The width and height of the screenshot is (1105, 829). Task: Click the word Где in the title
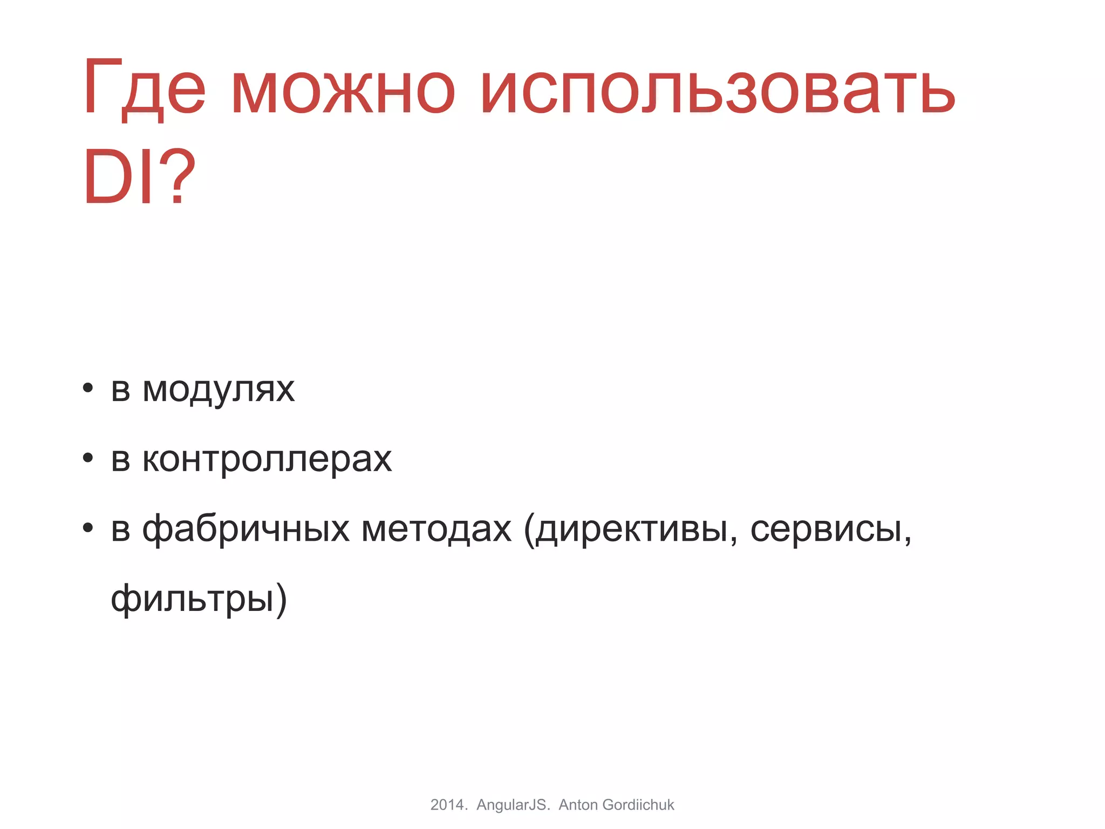tap(144, 89)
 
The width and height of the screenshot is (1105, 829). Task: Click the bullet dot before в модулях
tap(88, 388)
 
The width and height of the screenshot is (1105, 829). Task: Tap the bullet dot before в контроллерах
tap(88, 458)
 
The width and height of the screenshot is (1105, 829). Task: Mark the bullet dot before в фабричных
tap(88, 528)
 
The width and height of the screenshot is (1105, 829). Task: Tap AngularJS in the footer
tap(513, 805)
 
